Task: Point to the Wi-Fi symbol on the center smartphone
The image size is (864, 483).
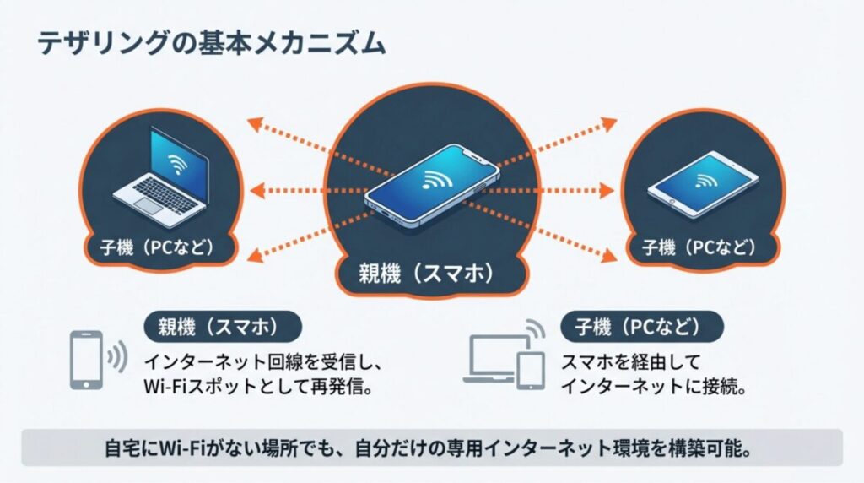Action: coord(436,178)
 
